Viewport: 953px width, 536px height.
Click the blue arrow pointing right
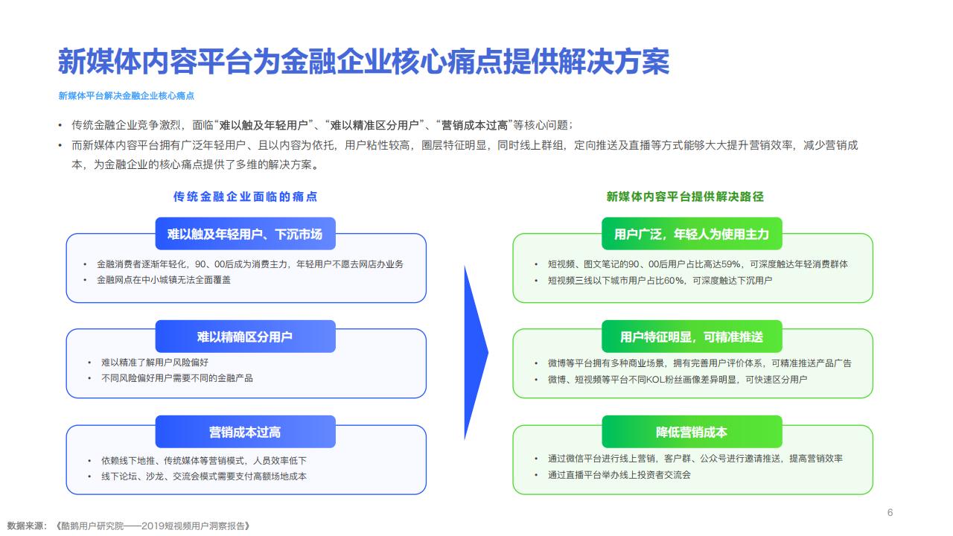pos(474,353)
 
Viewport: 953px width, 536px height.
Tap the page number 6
pos(890,513)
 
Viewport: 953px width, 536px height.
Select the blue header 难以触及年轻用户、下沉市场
pos(245,234)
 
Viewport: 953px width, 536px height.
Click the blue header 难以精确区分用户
pos(245,336)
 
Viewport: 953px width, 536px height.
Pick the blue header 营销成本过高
pos(245,432)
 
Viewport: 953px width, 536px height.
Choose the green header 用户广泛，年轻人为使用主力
pos(692,234)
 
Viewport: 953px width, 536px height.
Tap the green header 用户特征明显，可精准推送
pos(692,336)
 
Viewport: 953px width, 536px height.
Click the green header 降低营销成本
pos(692,432)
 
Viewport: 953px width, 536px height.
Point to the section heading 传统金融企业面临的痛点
pos(245,197)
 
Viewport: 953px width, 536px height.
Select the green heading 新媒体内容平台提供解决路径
pos(685,197)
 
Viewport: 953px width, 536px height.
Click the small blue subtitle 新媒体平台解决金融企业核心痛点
pos(126,96)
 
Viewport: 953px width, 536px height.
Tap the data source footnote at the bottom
pos(128,526)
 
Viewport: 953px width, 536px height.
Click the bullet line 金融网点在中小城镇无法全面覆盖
pos(164,280)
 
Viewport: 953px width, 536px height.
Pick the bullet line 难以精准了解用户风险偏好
pos(155,363)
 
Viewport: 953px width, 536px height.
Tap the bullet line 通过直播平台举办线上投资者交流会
pos(619,475)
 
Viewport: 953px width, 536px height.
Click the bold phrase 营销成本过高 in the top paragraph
pos(474,125)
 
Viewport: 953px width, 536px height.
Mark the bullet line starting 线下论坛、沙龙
pos(204,476)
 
